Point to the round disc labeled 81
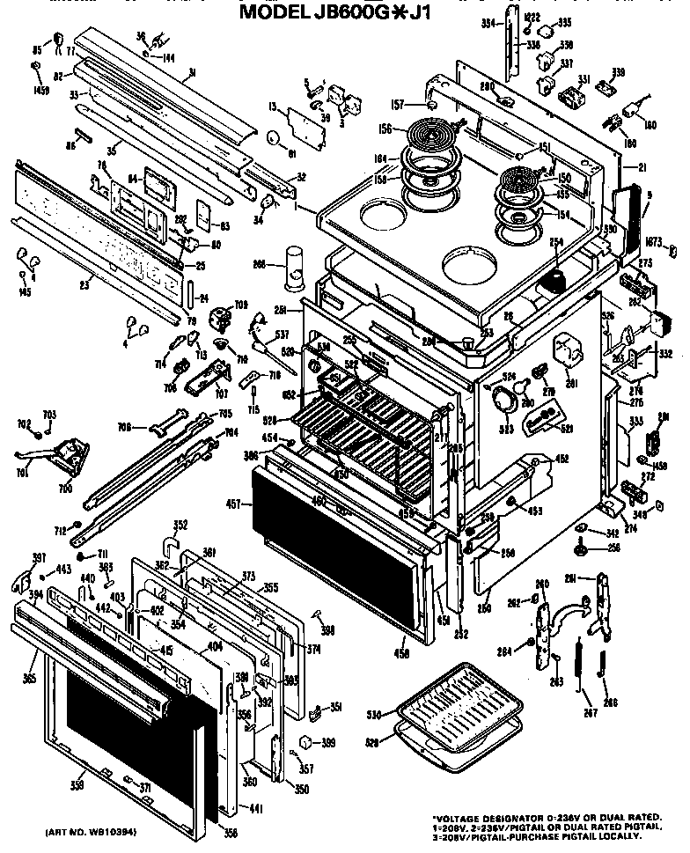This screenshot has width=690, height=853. pos(274,138)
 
